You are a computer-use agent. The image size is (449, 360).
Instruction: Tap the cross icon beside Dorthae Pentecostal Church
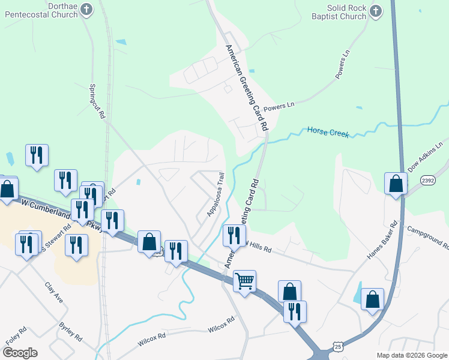[87, 10]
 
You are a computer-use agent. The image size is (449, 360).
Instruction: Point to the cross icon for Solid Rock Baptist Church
[376, 11]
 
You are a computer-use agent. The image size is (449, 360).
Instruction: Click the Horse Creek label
[328, 131]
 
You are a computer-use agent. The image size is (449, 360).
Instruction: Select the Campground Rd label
[428, 238]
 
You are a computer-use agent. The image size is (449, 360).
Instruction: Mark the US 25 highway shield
[339, 347]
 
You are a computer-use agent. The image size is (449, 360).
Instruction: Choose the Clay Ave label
[54, 292]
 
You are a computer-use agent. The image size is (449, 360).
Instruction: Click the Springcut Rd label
[97, 100]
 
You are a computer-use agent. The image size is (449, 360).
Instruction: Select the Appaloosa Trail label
[215, 193]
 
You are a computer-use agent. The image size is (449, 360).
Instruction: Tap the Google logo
[20, 352]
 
